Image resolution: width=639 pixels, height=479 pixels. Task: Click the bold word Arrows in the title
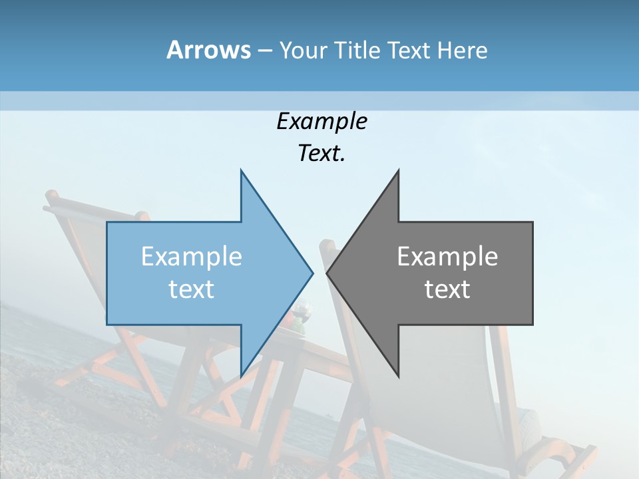pos(208,50)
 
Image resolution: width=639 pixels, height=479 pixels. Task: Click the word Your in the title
pos(302,50)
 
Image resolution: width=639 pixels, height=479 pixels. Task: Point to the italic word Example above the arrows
pos(321,121)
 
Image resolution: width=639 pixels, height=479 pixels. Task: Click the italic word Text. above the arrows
pos(321,153)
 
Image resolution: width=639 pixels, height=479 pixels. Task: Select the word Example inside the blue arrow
pos(192,256)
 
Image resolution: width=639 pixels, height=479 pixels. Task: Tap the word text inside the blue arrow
pos(192,289)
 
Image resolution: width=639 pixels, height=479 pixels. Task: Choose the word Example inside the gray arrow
pos(447,256)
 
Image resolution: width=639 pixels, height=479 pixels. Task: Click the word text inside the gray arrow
pos(447,289)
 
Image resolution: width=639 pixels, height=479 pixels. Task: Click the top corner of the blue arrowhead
pos(241,170)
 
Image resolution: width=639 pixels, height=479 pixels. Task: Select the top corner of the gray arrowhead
pos(398,170)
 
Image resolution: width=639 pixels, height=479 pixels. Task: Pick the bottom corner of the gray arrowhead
pos(398,377)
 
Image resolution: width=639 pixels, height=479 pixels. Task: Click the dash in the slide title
pos(264,51)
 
